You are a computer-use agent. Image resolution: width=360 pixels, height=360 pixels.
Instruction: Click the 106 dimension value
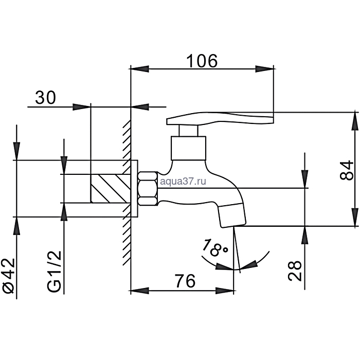202,61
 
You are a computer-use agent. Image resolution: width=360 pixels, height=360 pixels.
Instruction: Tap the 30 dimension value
45,98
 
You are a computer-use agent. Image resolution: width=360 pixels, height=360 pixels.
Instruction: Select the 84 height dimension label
348,169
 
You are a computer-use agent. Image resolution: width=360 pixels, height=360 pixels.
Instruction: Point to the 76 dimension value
184,281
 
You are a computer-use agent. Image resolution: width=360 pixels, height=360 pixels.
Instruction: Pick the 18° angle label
215,249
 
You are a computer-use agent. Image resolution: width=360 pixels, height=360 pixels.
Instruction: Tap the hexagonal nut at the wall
148,188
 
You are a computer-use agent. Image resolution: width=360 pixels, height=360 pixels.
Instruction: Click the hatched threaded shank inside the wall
109,188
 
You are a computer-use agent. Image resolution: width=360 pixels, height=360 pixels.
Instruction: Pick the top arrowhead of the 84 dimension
354,121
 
